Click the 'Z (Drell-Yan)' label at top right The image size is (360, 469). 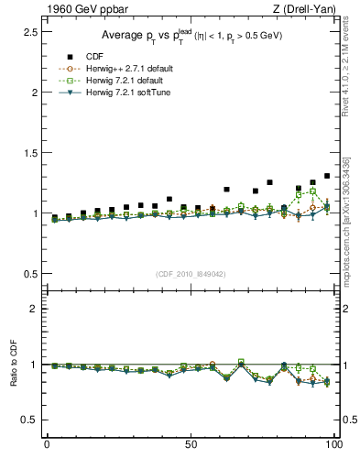click(x=302, y=9)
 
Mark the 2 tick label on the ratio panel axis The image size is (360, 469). click(x=31, y=309)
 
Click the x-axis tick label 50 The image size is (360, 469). click(x=191, y=444)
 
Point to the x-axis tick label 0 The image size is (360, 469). click(x=47, y=444)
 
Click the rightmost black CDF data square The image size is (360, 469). click(x=327, y=176)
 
